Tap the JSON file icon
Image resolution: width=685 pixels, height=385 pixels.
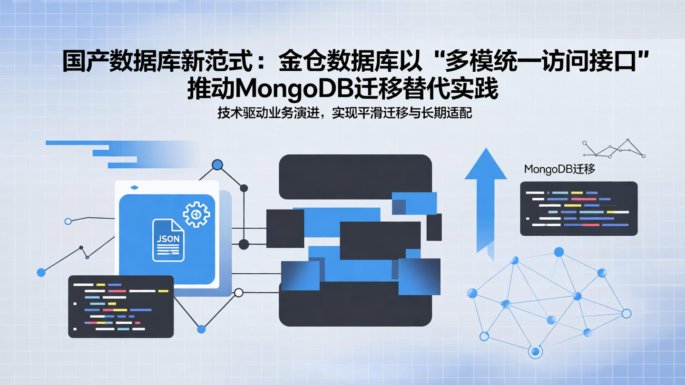168,240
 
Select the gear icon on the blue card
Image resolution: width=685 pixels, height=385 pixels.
196,214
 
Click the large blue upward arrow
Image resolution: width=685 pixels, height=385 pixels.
486,200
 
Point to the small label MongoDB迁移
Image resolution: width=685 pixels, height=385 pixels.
559,169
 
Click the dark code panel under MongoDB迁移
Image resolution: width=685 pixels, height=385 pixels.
578,209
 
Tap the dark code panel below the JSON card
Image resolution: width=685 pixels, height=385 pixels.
121,307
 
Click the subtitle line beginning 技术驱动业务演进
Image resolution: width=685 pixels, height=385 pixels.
344,114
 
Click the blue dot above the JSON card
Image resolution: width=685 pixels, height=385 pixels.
217,165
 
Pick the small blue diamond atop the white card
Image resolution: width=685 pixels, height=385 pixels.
134,188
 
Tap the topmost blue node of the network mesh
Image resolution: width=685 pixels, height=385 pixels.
559,252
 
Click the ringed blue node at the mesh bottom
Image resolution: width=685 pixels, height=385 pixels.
535,352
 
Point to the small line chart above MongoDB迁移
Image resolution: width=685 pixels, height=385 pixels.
614,148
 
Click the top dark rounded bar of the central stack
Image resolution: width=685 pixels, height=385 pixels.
355,176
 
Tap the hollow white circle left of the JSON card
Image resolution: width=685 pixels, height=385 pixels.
68,221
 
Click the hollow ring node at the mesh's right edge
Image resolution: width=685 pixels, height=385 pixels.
626,313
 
